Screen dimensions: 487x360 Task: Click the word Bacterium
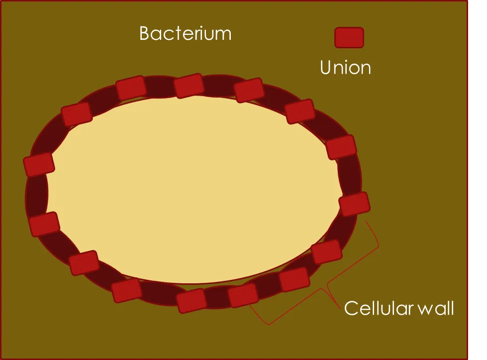(x=186, y=33)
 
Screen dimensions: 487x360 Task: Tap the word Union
(x=345, y=67)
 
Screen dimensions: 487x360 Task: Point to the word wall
(x=436, y=308)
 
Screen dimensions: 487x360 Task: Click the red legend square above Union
(x=349, y=38)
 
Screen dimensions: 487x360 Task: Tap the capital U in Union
(x=326, y=67)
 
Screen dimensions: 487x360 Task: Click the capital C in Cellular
(x=351, y=308)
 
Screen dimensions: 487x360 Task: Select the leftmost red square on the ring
(x=39, y=164)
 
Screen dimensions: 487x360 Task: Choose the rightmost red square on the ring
(x=354, y=204)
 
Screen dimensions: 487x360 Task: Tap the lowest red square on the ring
(x=192, y=300)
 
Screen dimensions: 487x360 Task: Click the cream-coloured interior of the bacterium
(x=193, y=190)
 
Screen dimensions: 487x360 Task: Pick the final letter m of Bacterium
(x=224, y=35)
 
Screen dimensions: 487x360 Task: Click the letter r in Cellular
(x=410, y=310)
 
